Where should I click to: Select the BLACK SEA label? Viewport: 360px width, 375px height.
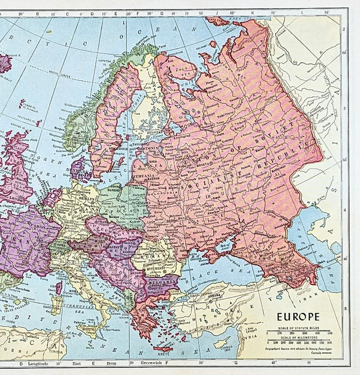tap(225, 274)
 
